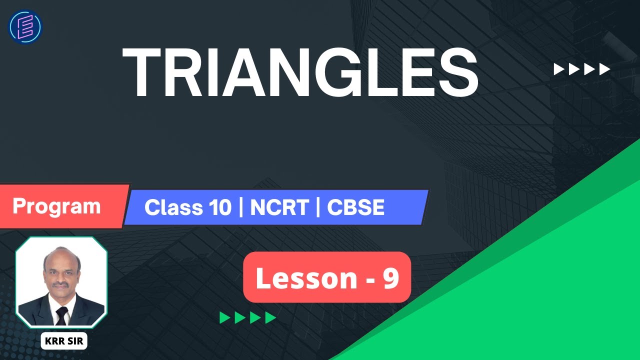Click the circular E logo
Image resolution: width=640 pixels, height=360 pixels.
(25, 26)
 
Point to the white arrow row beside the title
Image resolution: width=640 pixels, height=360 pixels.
(581, 69)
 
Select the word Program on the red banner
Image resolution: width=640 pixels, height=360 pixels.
(56, 206)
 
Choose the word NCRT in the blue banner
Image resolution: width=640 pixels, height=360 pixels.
(279, 207)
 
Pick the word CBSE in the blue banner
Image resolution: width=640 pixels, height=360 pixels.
(355, 207)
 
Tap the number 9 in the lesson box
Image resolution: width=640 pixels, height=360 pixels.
(390, 279)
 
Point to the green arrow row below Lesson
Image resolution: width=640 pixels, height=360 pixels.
(248, 317)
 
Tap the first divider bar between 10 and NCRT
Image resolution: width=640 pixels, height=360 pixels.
(241, 207)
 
